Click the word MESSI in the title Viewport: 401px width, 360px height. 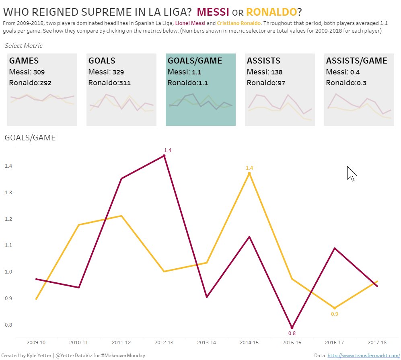214,12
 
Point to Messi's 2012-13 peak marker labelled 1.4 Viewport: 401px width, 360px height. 164,156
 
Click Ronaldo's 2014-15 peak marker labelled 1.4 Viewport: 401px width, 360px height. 249,173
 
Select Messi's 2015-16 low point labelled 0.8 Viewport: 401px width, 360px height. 292,327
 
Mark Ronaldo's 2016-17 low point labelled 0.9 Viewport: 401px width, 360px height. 335,308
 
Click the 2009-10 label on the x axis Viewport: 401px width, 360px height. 36,343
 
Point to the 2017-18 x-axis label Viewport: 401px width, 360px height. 377,343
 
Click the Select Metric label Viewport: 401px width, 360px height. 23,46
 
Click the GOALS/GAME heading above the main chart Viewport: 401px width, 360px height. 30,138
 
